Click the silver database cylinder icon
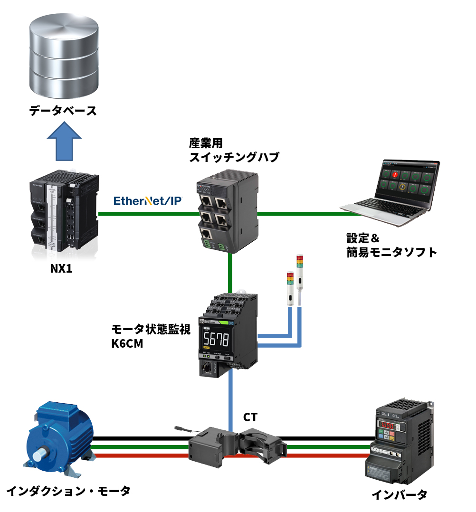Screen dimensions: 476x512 point(64,56)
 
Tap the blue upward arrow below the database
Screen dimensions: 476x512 point(64,141)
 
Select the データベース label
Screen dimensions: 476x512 point(63,111)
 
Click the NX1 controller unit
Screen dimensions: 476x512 point(64,212)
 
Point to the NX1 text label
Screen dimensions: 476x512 point(61,268)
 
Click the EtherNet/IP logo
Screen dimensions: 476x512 point(148,200)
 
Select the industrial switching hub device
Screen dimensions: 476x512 point(228,211)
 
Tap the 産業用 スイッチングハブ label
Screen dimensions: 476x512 point(234,150)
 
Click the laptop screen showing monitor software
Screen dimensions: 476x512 point(409,181)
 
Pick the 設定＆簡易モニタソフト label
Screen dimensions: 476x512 point(391,245)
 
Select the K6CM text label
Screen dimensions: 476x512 point(127,344)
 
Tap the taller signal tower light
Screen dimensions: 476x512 point(300,280)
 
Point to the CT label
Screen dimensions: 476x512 point(250,417)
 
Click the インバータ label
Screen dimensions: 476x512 point(399,495)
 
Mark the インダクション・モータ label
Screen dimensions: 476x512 point(68,491)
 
